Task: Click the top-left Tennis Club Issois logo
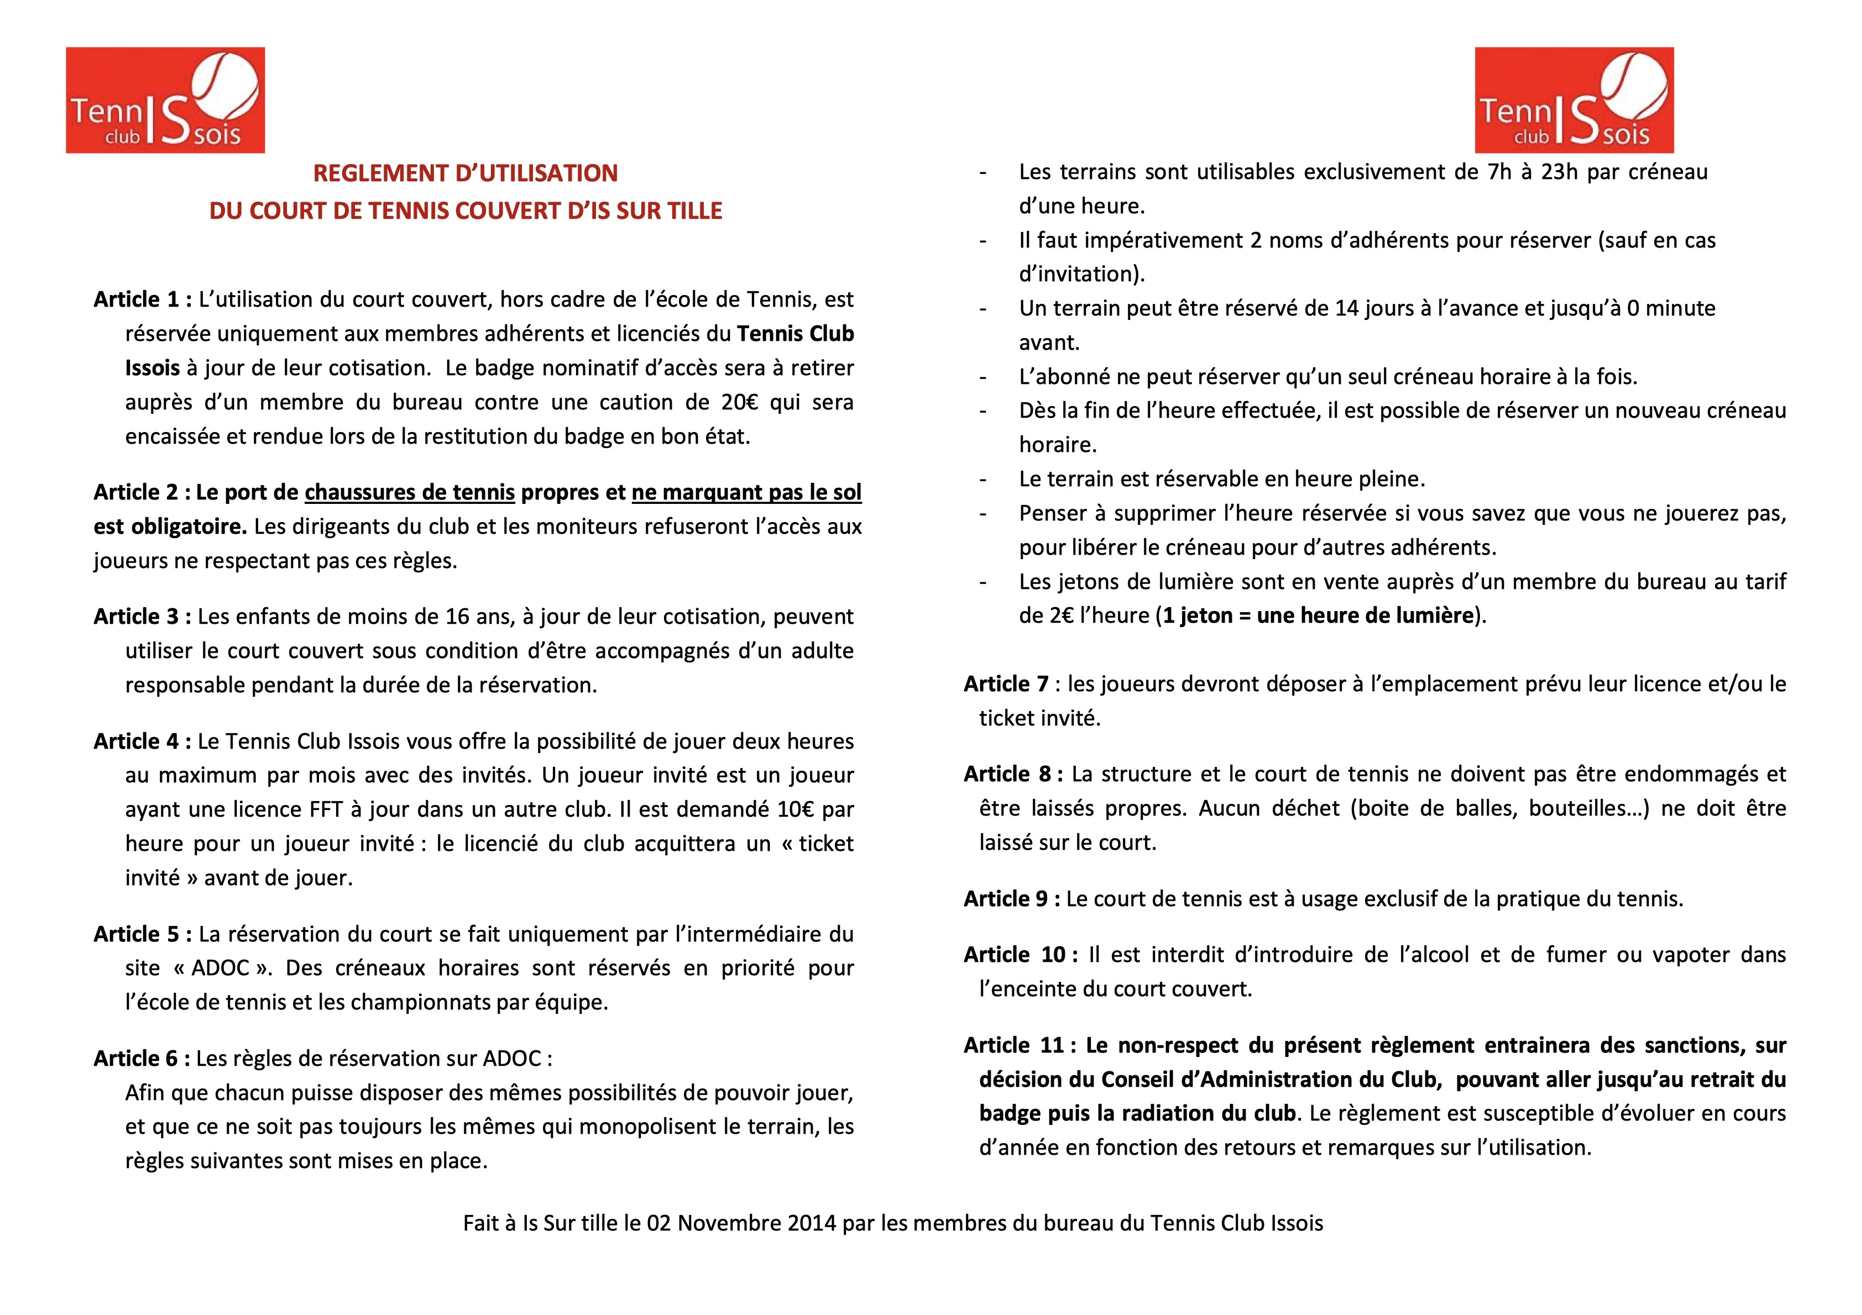(x=165, y=99)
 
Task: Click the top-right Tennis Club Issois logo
(x=1573, y=99)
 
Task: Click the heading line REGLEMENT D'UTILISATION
(x=465, y=173)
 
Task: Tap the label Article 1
(x=136, y=300)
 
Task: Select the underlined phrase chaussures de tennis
(x=410, y=493)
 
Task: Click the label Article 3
(x=136, y=617)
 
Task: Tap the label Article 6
(x=136, y=1059)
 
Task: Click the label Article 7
(x=1006, y=684)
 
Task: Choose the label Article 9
(x=1006, y=899)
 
